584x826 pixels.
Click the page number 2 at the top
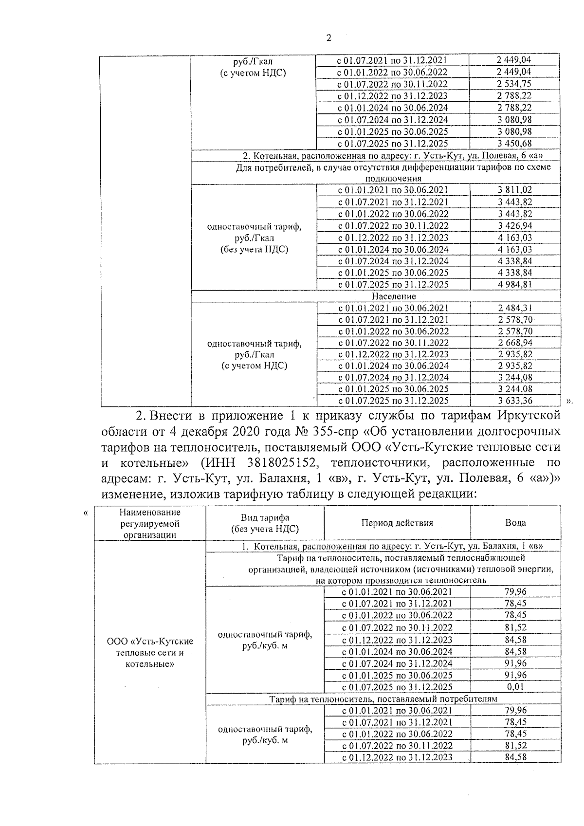[328, 38]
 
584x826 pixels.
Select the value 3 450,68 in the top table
[514, 144]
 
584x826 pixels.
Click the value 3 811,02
[514, 190]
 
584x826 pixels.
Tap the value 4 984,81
[514, 285]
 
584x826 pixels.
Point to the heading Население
[394, 296]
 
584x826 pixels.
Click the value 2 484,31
[515, 308]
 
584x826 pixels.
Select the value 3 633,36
[515, 401]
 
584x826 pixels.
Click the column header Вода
[515, 523]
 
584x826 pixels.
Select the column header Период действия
[397, 523]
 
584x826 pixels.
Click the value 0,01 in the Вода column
[515, 687]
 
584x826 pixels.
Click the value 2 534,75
[514, 84]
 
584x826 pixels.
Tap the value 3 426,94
[514, 226]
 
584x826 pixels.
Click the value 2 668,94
[515, 343]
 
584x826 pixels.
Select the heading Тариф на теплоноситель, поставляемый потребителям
[383, 699]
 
